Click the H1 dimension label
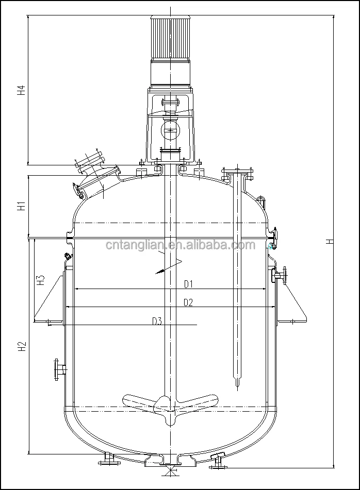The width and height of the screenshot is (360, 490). (21, 207)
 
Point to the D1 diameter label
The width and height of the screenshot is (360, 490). (188, 284)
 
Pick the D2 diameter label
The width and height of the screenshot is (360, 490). (188, 302)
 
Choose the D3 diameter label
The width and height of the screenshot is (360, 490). (157, 322)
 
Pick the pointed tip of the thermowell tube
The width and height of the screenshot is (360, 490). (237, 384)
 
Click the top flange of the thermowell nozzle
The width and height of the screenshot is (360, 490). (237, 172)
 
